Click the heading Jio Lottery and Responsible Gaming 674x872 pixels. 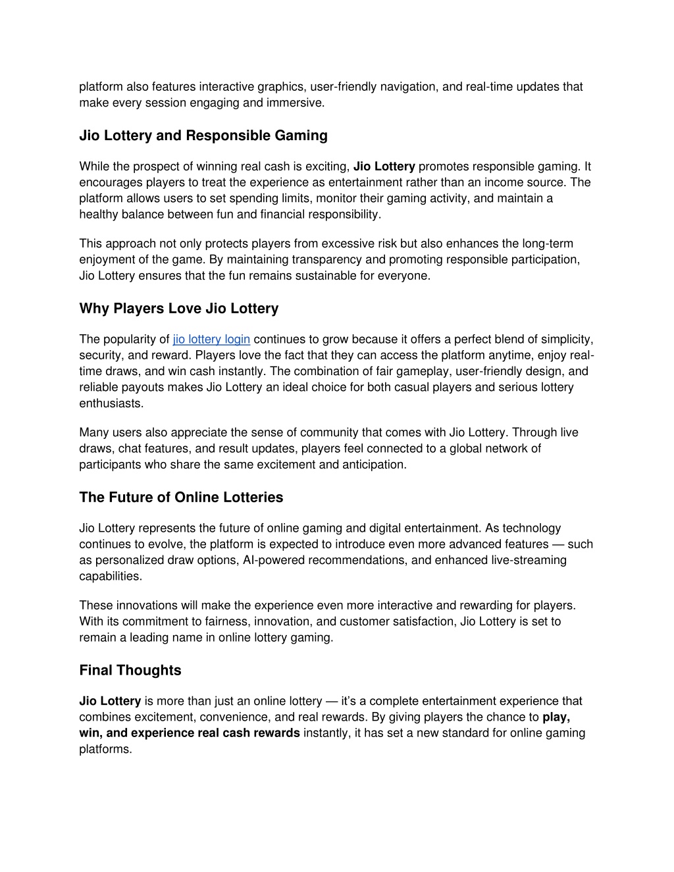pos(203,136)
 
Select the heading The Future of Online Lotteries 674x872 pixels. pos(181,498)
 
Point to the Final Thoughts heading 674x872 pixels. pos(130,671)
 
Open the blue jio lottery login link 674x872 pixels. pos(211,340)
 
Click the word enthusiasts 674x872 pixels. pos(111,403)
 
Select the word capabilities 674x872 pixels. pos(110,577)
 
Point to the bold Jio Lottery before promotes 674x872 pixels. pos(384,167)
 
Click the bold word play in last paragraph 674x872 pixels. pos(556,717)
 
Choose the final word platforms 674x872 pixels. pos(105,750)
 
